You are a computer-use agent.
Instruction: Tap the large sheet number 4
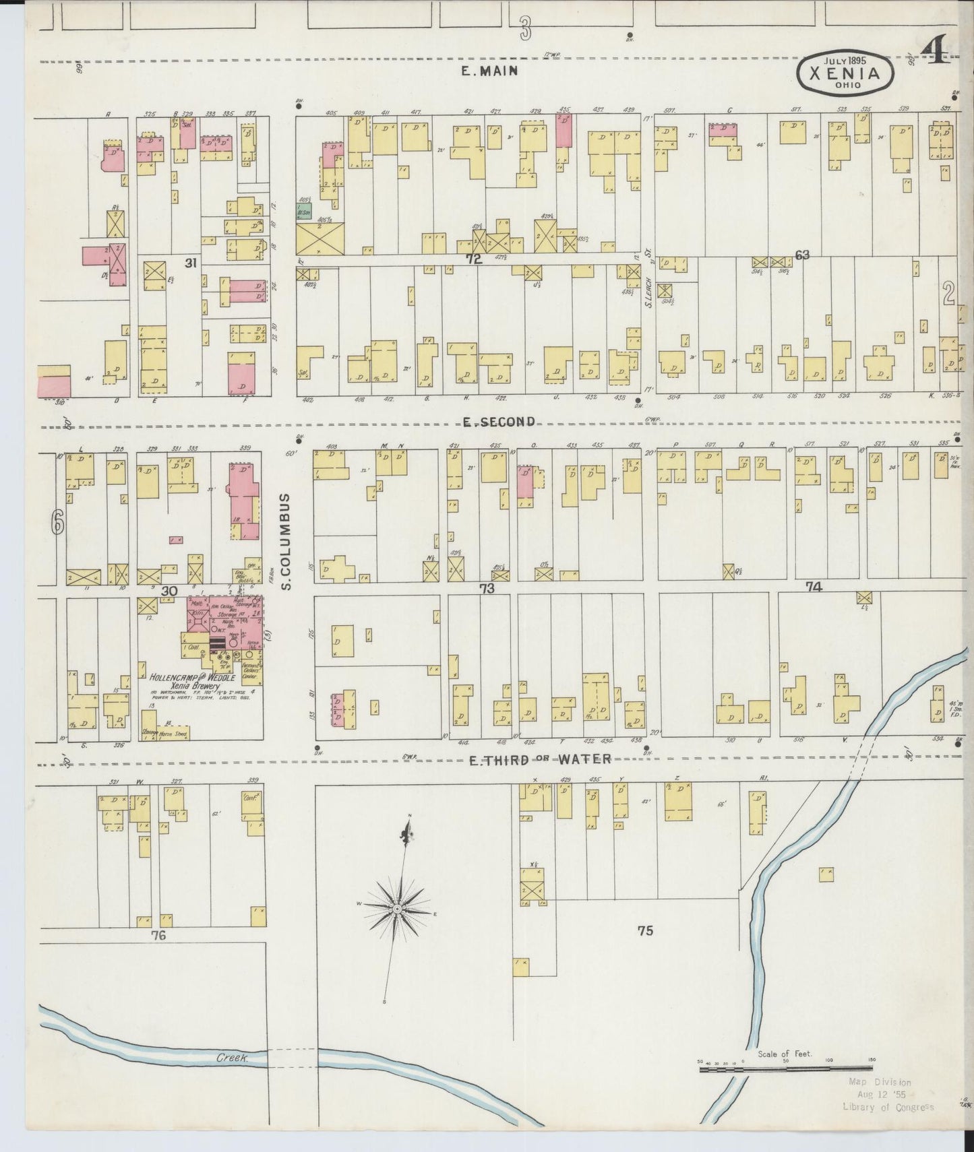(x=935, y=51)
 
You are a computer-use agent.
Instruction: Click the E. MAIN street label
(x=490, y=70)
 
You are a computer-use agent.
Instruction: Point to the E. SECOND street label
(x=499, y=421)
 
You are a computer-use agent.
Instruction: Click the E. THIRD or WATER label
(x=540, y=759)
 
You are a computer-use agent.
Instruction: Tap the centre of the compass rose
(x=398, y=909)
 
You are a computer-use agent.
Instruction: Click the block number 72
(x=474, y=258)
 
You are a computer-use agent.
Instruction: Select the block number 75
(x=645, y=930)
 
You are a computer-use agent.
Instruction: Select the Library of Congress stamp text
(x=888, y=1107)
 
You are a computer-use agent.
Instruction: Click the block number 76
(x=158, y=935)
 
